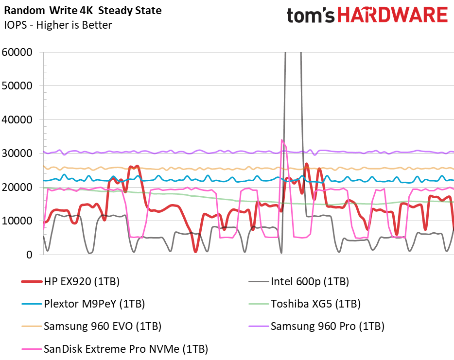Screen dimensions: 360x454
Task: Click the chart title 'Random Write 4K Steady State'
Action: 83,10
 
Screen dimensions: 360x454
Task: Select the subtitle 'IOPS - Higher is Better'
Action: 58,25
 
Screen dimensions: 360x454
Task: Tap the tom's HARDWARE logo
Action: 367,16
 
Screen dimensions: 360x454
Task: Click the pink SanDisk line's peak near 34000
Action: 282,140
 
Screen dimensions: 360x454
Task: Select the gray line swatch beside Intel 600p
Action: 258,282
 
